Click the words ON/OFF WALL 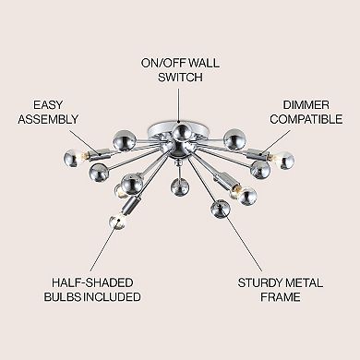[179, 63]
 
